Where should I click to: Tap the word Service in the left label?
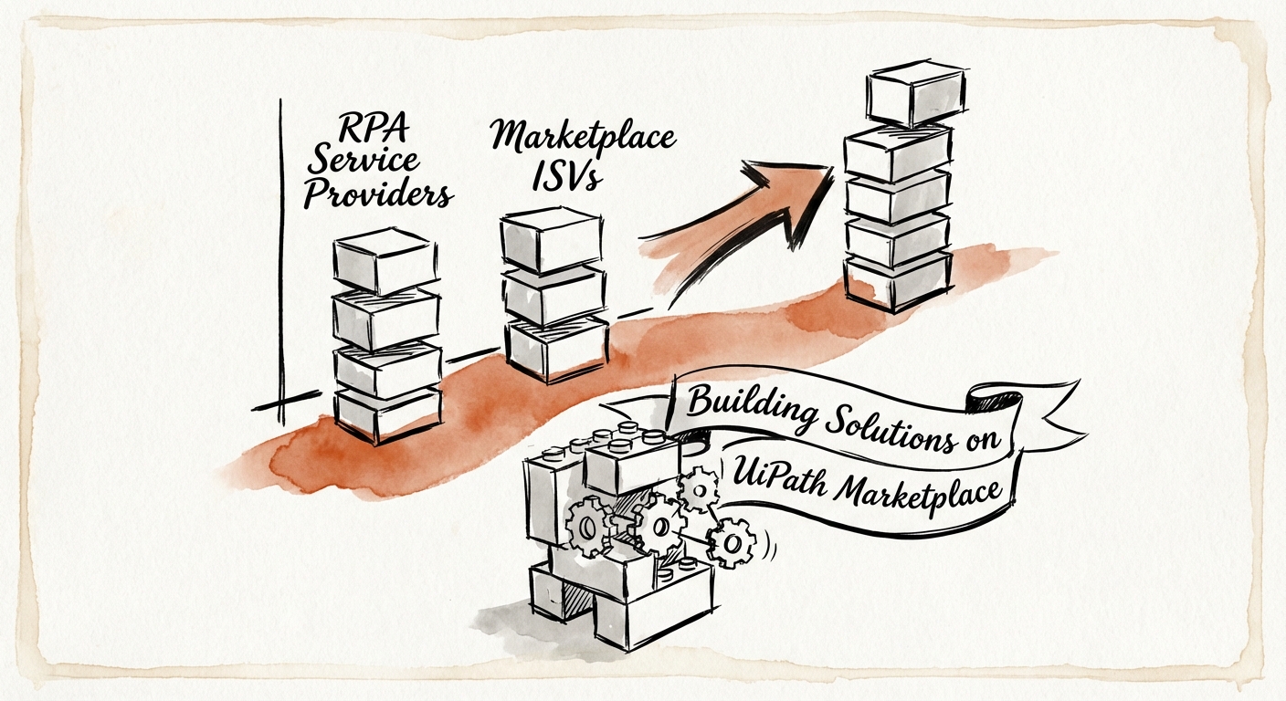pos(363,162)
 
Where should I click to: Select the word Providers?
pos(377,193)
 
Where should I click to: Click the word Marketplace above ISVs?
pos(583,137)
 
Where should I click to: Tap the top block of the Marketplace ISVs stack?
pos(551,239)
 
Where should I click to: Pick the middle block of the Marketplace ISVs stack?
pos(553,294)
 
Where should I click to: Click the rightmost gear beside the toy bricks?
pos(732,544)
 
